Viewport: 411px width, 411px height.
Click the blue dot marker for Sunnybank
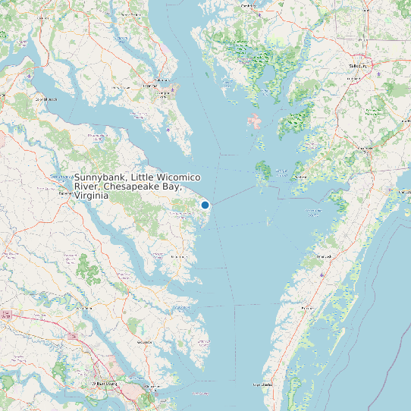tap(205, 205)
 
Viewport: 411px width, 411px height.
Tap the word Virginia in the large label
tap(91, 196)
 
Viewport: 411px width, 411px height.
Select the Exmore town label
tap(304, 309)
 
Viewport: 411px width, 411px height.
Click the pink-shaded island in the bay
tap(253, 121)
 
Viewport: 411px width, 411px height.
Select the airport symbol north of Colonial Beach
tap(29, 76)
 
